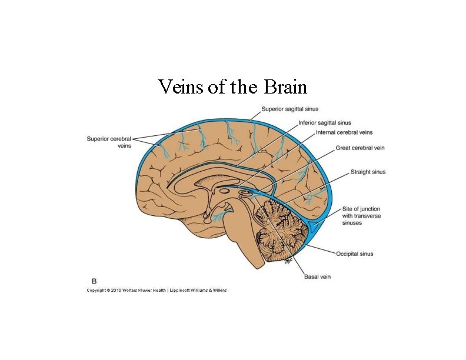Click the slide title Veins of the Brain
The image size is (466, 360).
tap(232, 87)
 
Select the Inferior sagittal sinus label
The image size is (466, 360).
tap(325, 123)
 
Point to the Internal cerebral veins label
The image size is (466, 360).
tap(344, 132)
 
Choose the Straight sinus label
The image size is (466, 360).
tap(368, 172)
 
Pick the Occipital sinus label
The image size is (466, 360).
tap(354, 254)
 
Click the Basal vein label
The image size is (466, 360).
tap(318, 276)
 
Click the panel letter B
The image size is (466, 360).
tap(94, 282)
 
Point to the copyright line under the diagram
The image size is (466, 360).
tap(157, 290)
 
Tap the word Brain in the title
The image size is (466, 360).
tap(286, 87)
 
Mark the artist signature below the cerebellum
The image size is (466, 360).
tap(288, 261)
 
